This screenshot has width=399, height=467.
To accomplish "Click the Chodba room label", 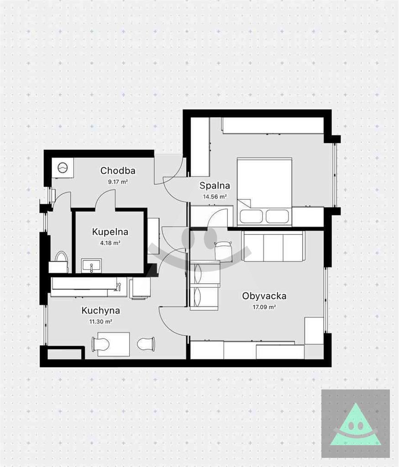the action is (118, 171).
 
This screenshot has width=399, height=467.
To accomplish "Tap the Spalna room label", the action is (215, 186).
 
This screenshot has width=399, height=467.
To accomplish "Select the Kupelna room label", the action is (110, 232).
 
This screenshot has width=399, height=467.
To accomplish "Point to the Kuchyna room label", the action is (101, 311).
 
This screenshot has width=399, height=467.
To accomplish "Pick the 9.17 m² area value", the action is (118, 182).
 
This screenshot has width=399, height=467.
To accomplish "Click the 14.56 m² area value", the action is (215, 197).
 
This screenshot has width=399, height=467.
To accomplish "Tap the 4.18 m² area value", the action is (110, 243).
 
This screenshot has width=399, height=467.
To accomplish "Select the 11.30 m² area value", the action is (101, 322).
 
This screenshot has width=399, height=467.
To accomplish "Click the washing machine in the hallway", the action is (63, 168).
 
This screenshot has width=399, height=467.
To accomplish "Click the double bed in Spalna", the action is (264, 192).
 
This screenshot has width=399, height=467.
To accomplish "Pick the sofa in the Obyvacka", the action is (274, 246).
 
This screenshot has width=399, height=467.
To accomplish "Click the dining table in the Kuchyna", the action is (114, 344).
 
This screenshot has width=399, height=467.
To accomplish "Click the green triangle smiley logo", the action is (356, 424).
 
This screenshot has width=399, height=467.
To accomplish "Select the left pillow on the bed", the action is (251, 216).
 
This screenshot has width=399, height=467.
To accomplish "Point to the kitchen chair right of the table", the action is (146, 344).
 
